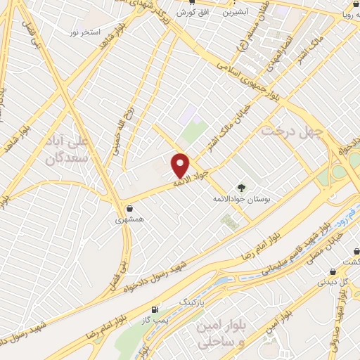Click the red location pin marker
181,165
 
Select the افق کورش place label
190,13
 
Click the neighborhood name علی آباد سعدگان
65,150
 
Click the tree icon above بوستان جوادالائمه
241,188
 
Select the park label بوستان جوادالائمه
241,200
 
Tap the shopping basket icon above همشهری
129,208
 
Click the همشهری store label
129,219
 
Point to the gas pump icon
155,309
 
